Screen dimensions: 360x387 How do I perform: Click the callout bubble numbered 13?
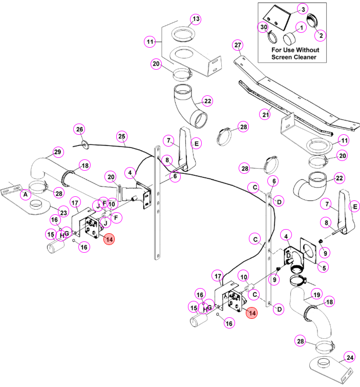(196, 19)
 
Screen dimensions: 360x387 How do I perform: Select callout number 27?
(238, 45)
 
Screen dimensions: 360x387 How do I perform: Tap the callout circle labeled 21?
(265, 114)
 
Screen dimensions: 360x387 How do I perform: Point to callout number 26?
(79, 129)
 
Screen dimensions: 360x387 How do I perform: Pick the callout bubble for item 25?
(122, 136)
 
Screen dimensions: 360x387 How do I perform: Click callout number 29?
(58, 152)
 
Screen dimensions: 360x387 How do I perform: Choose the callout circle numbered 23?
(63, 213)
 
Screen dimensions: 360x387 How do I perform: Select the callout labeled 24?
(350, 357)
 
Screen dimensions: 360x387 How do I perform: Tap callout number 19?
(316, 295)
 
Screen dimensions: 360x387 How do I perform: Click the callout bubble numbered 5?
(324, 268)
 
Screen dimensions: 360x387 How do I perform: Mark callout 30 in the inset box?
(264, 27)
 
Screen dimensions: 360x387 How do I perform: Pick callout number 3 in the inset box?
(303, 9)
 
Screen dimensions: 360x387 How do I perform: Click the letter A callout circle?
(26, 194)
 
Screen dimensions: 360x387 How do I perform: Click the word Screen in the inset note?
(282, 57)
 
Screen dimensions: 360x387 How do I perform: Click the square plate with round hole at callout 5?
(308, 251)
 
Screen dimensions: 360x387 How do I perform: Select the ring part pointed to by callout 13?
(183, 33)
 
